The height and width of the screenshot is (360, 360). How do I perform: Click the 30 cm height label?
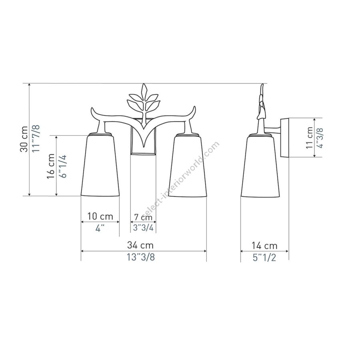[x=24, y=139]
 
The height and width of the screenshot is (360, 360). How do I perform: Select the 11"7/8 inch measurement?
[x=36, y=138]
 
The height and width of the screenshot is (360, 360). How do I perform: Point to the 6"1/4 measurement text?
[x=62, y=166]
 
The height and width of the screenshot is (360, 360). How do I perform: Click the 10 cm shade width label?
[x=100, y=216]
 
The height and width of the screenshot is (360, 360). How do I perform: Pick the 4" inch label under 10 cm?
[x=100, y=228]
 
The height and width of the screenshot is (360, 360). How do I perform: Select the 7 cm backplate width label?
[x=143, y=216]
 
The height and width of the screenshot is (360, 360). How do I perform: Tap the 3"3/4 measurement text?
[x=143, y=228]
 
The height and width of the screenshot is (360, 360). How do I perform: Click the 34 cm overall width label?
[x=140, y=245]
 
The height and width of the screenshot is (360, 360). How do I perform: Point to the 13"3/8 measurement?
[x=141, y=257]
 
